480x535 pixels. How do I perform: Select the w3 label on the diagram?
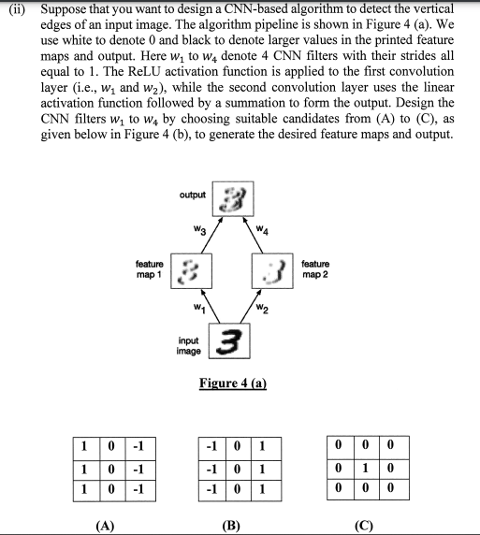[x=197, y=227]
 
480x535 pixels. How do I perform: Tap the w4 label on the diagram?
[x=265, y=227]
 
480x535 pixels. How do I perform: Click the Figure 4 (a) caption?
[x=234, y=383]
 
